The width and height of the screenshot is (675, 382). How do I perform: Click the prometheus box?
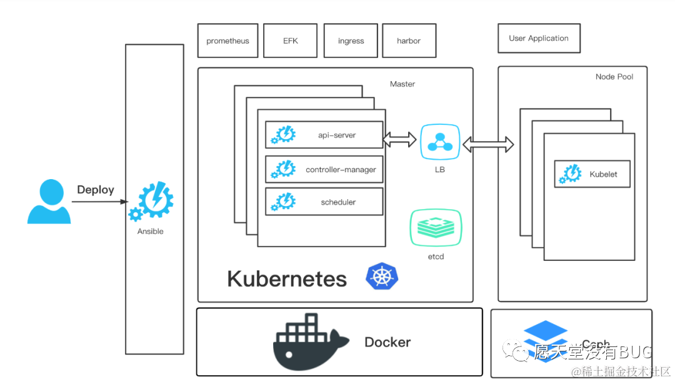point(227,41)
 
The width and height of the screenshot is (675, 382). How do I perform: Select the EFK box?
point(291,41)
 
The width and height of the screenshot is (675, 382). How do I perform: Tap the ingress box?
point(351,41)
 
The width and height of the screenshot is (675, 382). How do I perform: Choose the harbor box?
point(409,41)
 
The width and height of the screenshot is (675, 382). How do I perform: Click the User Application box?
point(539,38)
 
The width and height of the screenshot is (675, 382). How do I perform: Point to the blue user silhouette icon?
point(49,202)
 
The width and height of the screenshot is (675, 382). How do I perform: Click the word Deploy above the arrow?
point(96,190)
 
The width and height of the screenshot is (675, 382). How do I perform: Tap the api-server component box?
point(324,135)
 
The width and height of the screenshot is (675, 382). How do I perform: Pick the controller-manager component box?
point(324,169)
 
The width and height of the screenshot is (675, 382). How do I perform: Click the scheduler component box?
point(324,202)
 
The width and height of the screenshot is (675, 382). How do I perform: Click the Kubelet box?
point(592,174)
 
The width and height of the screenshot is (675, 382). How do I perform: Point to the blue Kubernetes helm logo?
point(382,276)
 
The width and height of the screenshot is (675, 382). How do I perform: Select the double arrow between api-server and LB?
point(400,139)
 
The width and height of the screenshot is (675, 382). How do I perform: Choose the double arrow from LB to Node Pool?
point(488,145)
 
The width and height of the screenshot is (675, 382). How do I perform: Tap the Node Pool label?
point(614,77)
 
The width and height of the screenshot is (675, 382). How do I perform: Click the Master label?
point(402,84)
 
